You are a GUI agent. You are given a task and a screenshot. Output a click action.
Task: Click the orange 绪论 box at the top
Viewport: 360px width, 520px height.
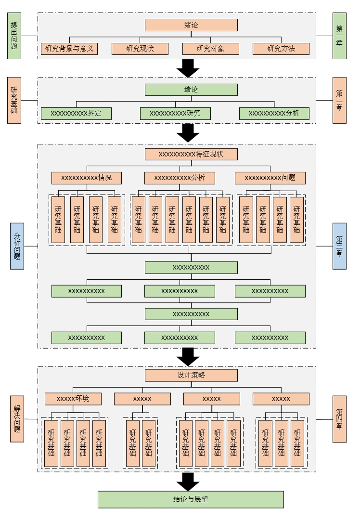tap(191, 25)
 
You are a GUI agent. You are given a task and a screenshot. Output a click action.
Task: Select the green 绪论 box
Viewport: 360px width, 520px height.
tap(191, 90)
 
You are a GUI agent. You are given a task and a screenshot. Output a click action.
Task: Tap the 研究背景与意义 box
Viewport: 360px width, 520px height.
tap(69, 49)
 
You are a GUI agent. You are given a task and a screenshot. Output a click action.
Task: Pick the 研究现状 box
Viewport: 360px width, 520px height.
tap(140, 49)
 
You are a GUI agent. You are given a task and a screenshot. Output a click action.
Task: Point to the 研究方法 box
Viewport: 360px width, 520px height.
tap(281, 49)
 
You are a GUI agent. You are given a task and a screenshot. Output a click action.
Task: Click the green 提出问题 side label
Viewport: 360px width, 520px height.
tap(14, 36)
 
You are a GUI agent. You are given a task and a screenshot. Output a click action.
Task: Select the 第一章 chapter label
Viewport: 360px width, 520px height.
tap(339, 36)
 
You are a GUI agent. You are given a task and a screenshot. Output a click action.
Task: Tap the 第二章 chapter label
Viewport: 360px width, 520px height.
tap(339, 101)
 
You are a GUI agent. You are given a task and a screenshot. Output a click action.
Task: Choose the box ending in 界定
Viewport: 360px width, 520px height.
tap(76, 114)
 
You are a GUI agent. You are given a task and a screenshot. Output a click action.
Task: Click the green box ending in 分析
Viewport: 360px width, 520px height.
tap(274, 114)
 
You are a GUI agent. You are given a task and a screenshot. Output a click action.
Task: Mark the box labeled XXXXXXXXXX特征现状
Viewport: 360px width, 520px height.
tap(191, 154)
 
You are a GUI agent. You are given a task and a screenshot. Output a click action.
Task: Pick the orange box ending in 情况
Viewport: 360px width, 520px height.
tap(87, 178)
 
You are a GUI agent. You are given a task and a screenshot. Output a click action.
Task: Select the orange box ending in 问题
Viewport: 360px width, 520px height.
tap(270, 178)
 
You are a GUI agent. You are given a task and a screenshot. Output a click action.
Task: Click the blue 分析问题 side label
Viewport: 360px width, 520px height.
tap(17, 246)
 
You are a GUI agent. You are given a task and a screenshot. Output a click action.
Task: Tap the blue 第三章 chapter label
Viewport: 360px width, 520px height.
tap(339, 246)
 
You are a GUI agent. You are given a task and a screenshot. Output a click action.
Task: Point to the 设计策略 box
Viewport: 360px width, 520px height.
tap(191, 375)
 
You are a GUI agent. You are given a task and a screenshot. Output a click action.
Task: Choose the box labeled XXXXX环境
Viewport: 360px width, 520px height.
tap(73, 399)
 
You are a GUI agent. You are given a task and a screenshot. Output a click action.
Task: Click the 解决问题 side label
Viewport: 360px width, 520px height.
tap(17, 419)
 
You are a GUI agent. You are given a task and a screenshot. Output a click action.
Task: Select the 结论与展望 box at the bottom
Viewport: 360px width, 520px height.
tap(191, 499)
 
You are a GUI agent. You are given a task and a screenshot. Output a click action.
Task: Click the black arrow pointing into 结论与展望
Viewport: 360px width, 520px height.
tap(188, 481)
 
